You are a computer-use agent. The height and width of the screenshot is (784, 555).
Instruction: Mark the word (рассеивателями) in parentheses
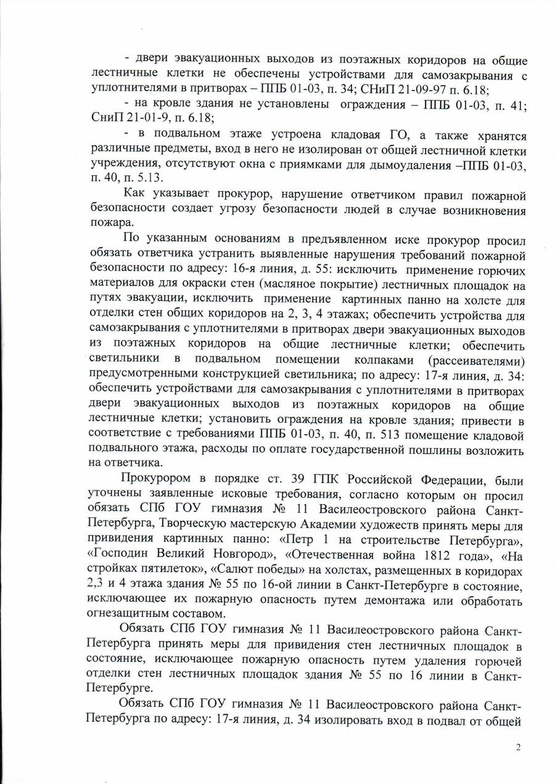click(474, 359)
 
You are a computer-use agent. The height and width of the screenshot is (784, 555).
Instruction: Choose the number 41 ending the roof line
click(516, 105)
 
